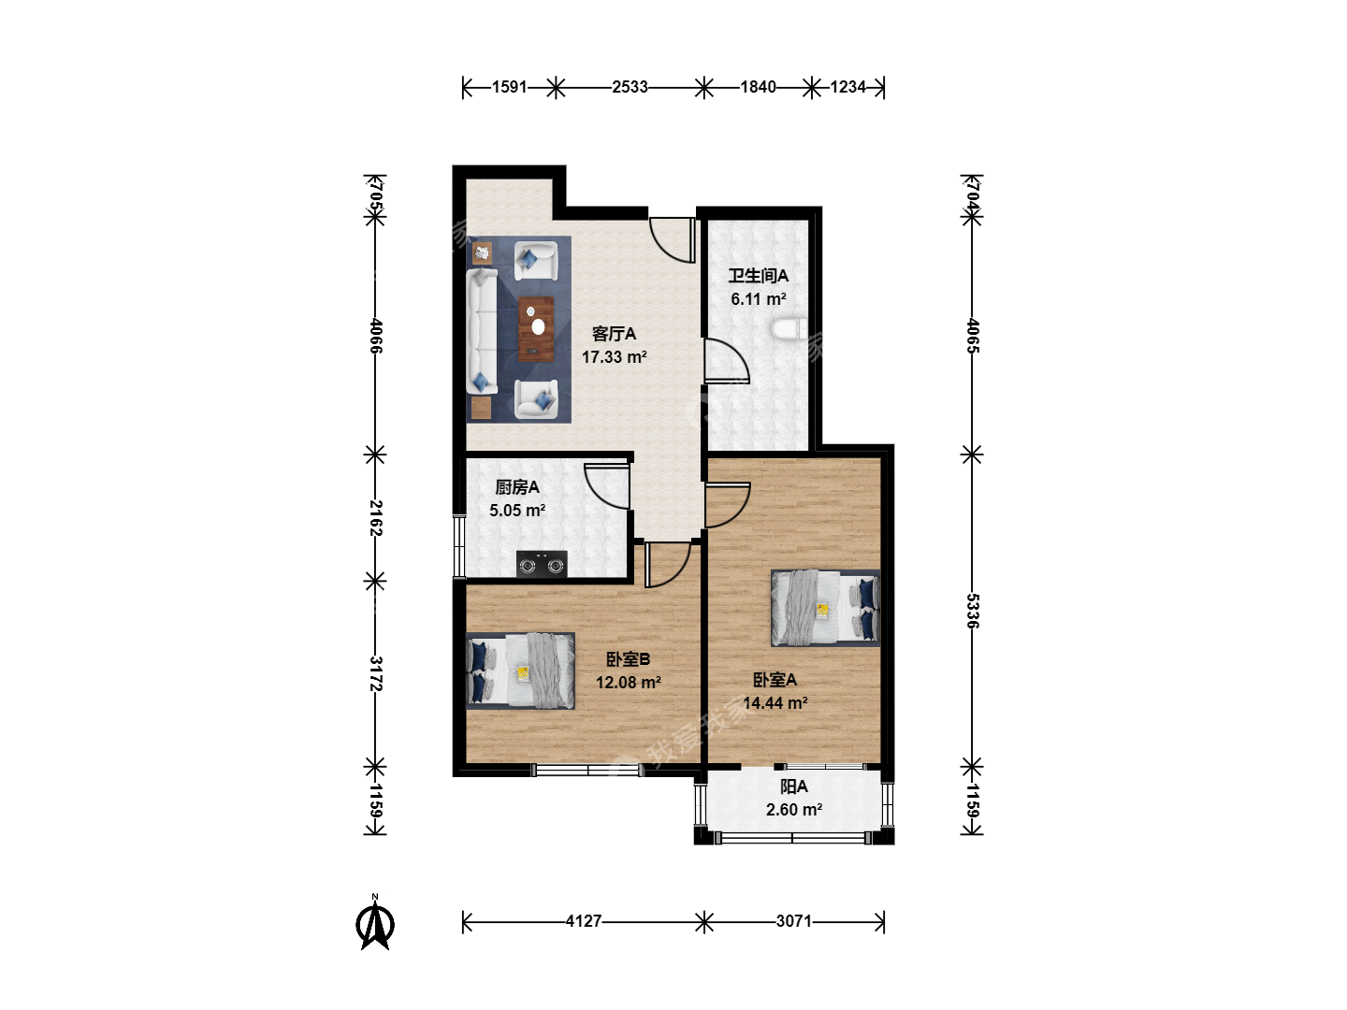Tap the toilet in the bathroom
pyautogui.click(x=789, y=329)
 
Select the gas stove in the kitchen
pyautogui.click(x=542, y=564)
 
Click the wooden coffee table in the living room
pyautogui.click(x=536, y=328)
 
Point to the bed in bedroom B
pyautogui.click(x=520, y=671)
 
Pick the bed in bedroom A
pyautogui.click(x=825, y=608)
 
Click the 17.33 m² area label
pyautogui.click(x=615, y=357)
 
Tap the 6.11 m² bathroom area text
pyautogui.click(x=759, y=299)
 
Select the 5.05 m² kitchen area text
pyautogui.click(x=517, y=511)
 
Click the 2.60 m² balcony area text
pyautogui.click(x=794, y=810)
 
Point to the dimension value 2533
pyautogui.click(x=630, y=87)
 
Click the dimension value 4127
pyautogui.click(x=584, y=921)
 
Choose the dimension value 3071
pyautogui.click(x=794, y=921)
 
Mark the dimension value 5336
pyautogui.click(x=972, y=611)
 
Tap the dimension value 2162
pyautogui.click(x=375, y=518)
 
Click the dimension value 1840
pyautogui.click(x=759, y=87)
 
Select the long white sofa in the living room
pyautogui.click(x=482, y=331)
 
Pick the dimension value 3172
pyautogui.click(x=375, y=673)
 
